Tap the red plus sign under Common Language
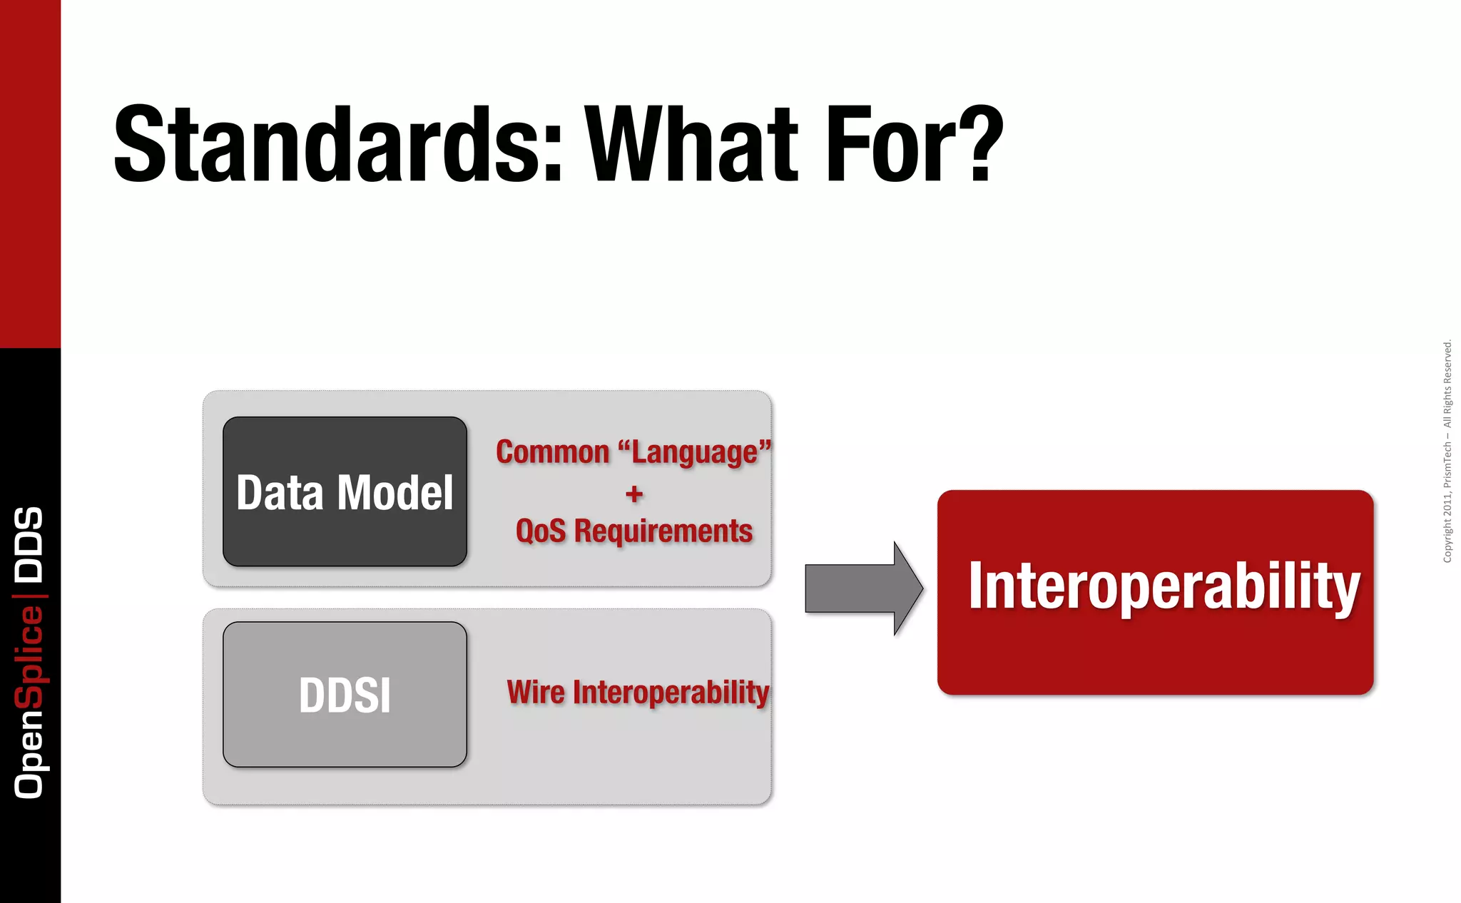click(x=633, y=494)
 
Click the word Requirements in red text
click(x=663, y=531)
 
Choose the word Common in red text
click(x=553, y=452)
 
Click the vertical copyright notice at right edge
click(x=1447, y=451)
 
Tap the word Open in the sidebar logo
click(x=29, y=753)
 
